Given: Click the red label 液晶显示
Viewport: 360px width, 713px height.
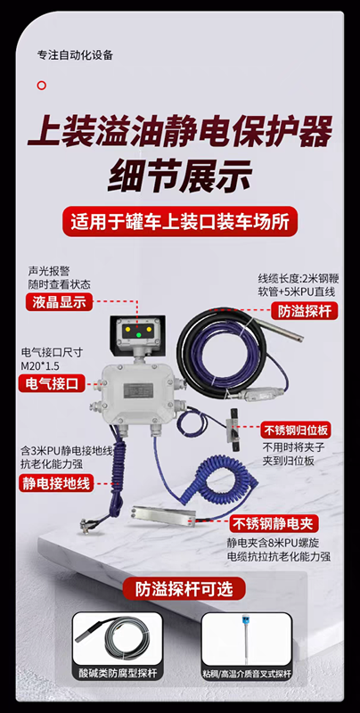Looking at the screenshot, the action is point(59,302).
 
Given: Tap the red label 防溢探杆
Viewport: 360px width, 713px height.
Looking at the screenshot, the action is point(304,311).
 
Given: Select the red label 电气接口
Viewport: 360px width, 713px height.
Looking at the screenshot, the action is point(52,384).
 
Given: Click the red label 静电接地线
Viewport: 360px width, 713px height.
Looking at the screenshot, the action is point(56,483).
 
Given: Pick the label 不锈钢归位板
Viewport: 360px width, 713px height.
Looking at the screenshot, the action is point(296,430).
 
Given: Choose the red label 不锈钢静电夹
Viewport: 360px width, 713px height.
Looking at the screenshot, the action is point(274,524).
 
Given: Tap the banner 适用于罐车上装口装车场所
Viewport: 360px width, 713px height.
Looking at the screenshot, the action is point(180,221).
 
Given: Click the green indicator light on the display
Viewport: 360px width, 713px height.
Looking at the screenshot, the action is point(139,335).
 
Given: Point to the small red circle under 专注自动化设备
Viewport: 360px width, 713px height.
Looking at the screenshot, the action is point(41,85).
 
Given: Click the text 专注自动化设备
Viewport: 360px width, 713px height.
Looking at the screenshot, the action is point(75,55).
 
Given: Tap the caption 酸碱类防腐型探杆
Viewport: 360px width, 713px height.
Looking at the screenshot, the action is point(118,673).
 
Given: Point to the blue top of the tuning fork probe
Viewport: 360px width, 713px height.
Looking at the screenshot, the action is point(247,619).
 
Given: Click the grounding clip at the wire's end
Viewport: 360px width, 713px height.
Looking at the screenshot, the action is point(86,525).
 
